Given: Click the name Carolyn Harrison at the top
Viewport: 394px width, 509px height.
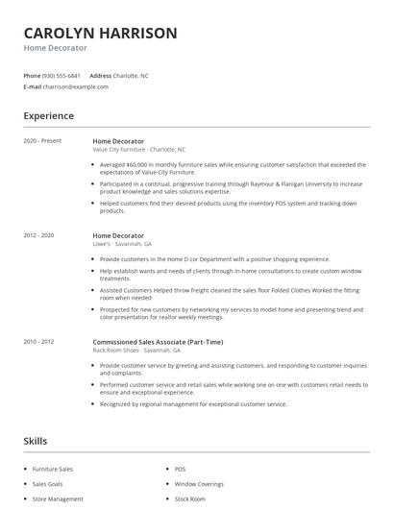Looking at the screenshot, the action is pos(100,33).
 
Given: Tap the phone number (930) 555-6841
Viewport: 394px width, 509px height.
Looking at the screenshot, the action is pos(62,75).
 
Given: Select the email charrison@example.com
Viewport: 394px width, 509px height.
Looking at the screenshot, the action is pos(76,86).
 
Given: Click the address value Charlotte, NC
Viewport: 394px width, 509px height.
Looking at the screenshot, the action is pos(132,75).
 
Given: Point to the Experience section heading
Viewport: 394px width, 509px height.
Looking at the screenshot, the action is pos(48,116).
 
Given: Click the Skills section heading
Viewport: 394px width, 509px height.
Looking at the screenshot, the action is pos(35,441).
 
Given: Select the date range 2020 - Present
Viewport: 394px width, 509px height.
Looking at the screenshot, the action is pos(42,141).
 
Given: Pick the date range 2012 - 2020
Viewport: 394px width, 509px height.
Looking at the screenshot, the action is pos(38,235).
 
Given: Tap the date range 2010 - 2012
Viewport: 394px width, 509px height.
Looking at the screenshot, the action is pos(38,342).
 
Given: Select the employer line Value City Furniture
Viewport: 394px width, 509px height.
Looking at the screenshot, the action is pos(119,150).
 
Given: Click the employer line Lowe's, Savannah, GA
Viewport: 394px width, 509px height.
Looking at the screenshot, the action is pos(121,244).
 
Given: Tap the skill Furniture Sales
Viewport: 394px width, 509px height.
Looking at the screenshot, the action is pos(53,469).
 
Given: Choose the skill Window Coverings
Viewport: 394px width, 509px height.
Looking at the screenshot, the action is pos(198,484).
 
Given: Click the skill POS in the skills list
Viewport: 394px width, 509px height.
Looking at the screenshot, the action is pos(180,469).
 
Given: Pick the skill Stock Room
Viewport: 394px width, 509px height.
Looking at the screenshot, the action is pos(189,499).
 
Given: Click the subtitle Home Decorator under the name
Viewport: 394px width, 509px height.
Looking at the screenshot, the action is pos(55,47).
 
